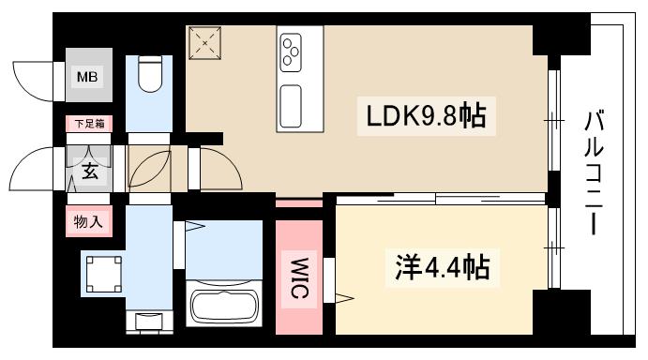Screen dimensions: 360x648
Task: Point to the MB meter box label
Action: (x=86, y=77)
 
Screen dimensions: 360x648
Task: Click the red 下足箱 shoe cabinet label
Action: (x=89, y=122)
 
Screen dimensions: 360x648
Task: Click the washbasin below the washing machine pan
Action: (x=148, y=322)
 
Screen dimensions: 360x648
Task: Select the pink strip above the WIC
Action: (x=299, y=203)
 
